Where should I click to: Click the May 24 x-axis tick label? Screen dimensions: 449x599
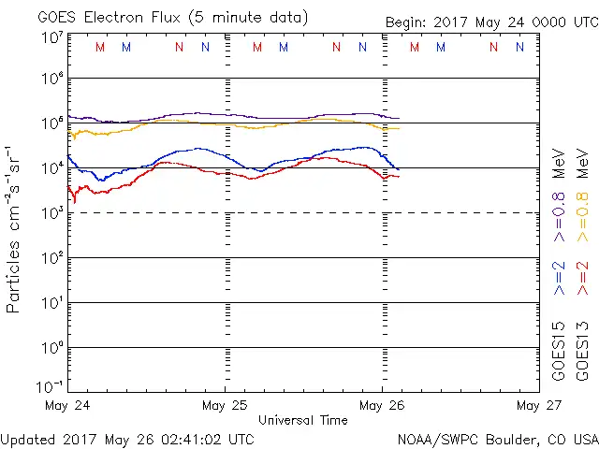click(67, 405)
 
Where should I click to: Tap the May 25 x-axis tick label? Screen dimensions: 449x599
click(225, 405)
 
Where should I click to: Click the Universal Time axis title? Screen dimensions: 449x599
click(303, 420)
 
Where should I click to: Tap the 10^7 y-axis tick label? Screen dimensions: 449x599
click(51, 36)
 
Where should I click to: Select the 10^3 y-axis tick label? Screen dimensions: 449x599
click(51, 212)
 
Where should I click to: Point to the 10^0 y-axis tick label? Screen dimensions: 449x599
click(51, 347)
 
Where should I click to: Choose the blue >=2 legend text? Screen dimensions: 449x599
click(560, 279)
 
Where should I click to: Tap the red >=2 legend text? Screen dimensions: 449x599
click(582, 279)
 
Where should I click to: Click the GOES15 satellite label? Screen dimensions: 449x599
click(560, 350)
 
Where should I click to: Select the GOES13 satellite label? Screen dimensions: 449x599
click(582, 350)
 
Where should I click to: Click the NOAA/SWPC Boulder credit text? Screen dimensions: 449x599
click(497, 438)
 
